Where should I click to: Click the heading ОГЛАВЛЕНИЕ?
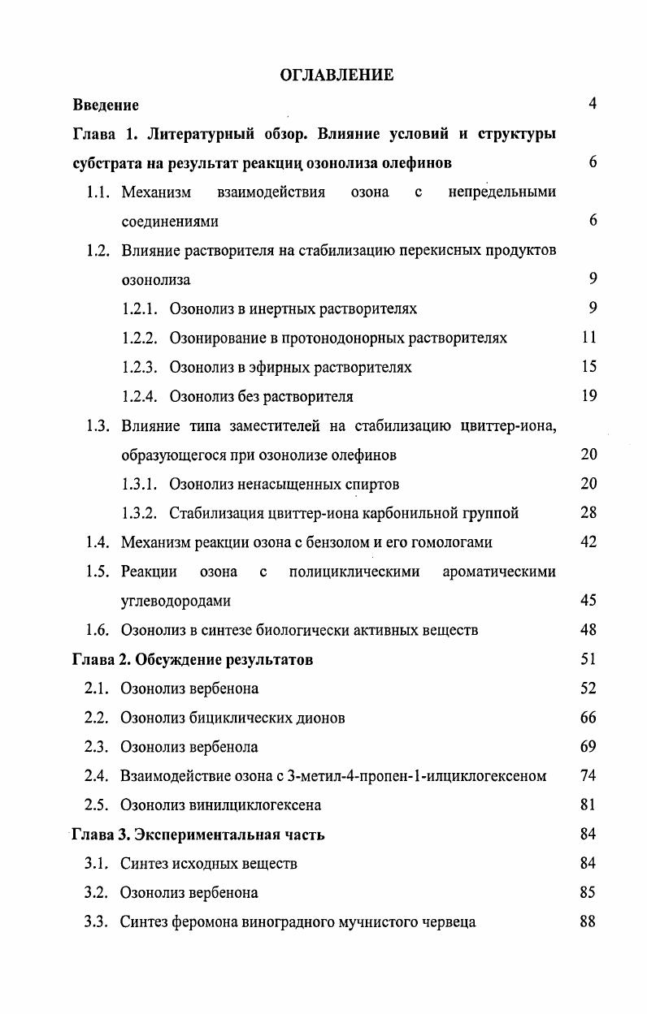tap(337, 76)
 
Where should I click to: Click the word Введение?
tap(106, 105)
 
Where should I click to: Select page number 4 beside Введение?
tap(593, 104)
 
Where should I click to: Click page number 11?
tap(589, 338)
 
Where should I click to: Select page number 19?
tap(589, 396)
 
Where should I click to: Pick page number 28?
tap(589, 513)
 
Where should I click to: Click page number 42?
tap(589, 542)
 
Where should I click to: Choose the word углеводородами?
tap(176, 602)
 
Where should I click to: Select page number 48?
tap(589, 630)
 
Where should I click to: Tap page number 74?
tap(589, 776)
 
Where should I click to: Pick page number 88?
tap(589, 922)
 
